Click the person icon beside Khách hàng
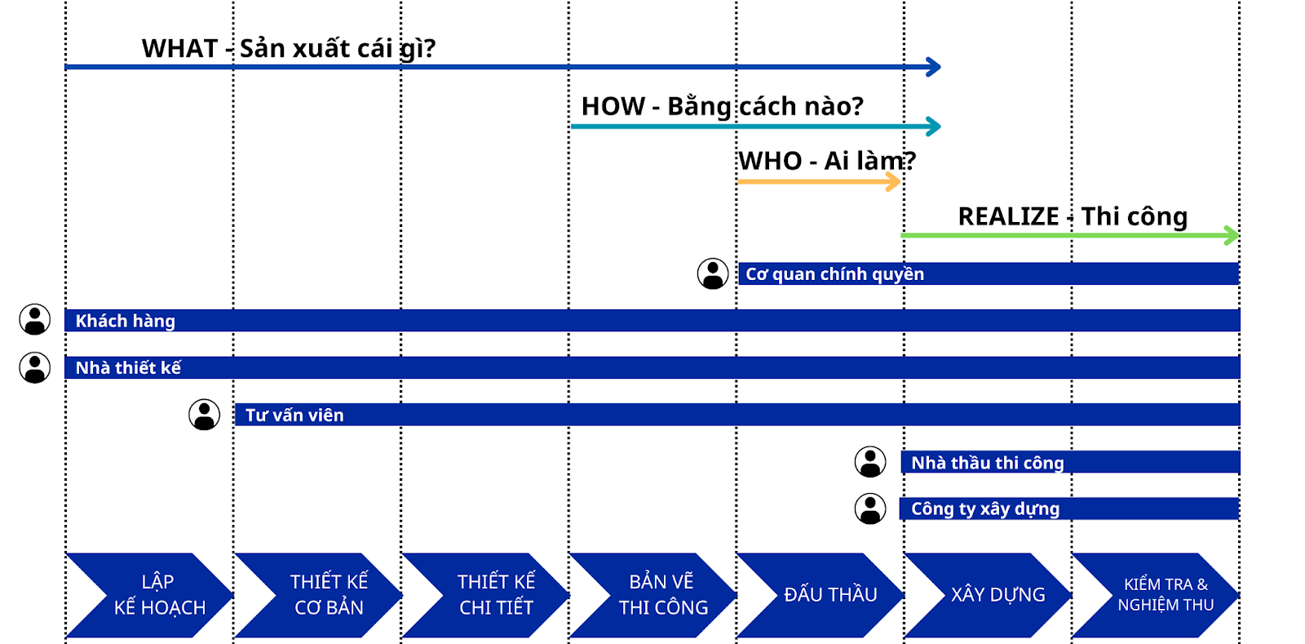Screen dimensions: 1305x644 click(x=35, y=319)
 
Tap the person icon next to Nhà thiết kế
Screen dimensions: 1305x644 click(x=35, y=368)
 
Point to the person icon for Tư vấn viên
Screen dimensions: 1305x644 click(x=205, y=415)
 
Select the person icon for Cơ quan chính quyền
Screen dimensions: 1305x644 click(x=713, y=273)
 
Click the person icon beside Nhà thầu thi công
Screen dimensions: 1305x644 click(x=870, y=462)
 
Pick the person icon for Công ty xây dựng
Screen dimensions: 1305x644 click(x=870, y=509)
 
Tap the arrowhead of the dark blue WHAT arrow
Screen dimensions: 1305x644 click(x=934, y=67)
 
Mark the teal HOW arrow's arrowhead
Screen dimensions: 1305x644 click(x=934, y=127)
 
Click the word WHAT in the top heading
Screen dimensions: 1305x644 click(x=180, y=48)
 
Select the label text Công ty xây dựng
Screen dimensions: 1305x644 click(x=985, y=509)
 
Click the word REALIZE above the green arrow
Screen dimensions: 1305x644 click(x=1008, y=217)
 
